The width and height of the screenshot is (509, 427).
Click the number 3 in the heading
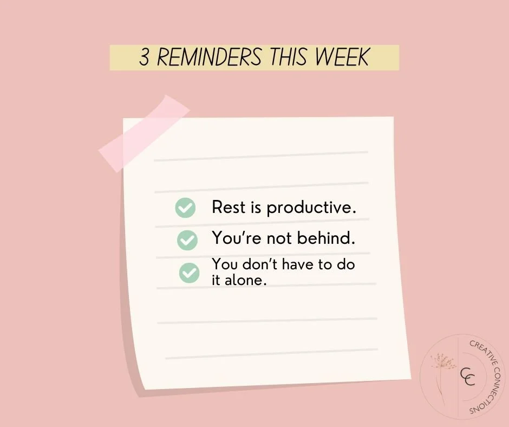145,58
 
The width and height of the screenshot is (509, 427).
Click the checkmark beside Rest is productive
185,208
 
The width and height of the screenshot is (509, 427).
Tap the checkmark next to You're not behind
187,240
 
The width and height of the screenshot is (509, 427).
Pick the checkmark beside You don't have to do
189,273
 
